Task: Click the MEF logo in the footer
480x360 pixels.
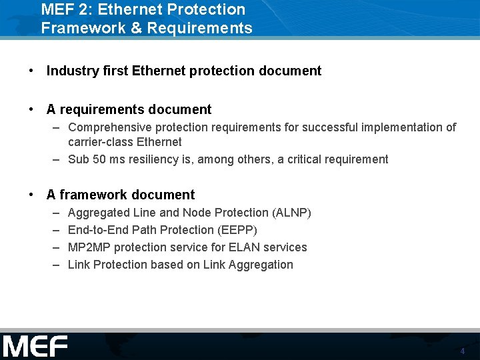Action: (x=35, y=347)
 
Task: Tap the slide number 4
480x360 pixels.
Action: (x=462, y=351)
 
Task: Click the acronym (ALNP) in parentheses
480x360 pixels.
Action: (x=291, y=213)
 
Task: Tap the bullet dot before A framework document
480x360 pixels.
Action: (x=31, y=195)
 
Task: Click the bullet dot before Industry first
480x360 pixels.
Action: (x=31, y=71)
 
